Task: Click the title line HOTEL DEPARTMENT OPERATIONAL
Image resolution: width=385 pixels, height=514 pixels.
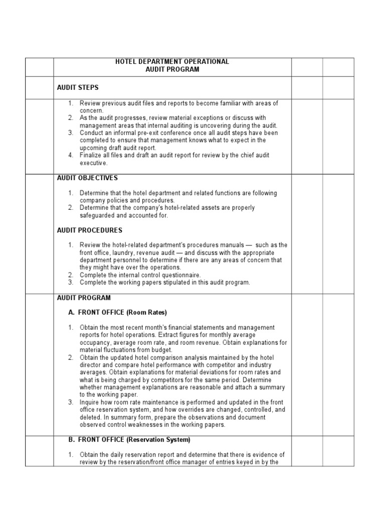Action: coord(172,62)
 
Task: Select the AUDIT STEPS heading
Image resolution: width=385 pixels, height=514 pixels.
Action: coord(78,88)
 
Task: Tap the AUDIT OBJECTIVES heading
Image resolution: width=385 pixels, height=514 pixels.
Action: coord(87,178)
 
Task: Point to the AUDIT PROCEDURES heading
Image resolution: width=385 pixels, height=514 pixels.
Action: coord(89,230)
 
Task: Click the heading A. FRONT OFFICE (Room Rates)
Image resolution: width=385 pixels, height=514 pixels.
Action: coord(117,313)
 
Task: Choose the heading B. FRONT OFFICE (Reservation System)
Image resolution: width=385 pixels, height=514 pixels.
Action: coord(129,440)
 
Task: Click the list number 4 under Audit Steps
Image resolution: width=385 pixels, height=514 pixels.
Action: coord(71,156)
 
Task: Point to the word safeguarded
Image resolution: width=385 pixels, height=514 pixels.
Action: coord(97,215)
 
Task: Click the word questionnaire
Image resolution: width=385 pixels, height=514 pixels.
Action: coord(180,275)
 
